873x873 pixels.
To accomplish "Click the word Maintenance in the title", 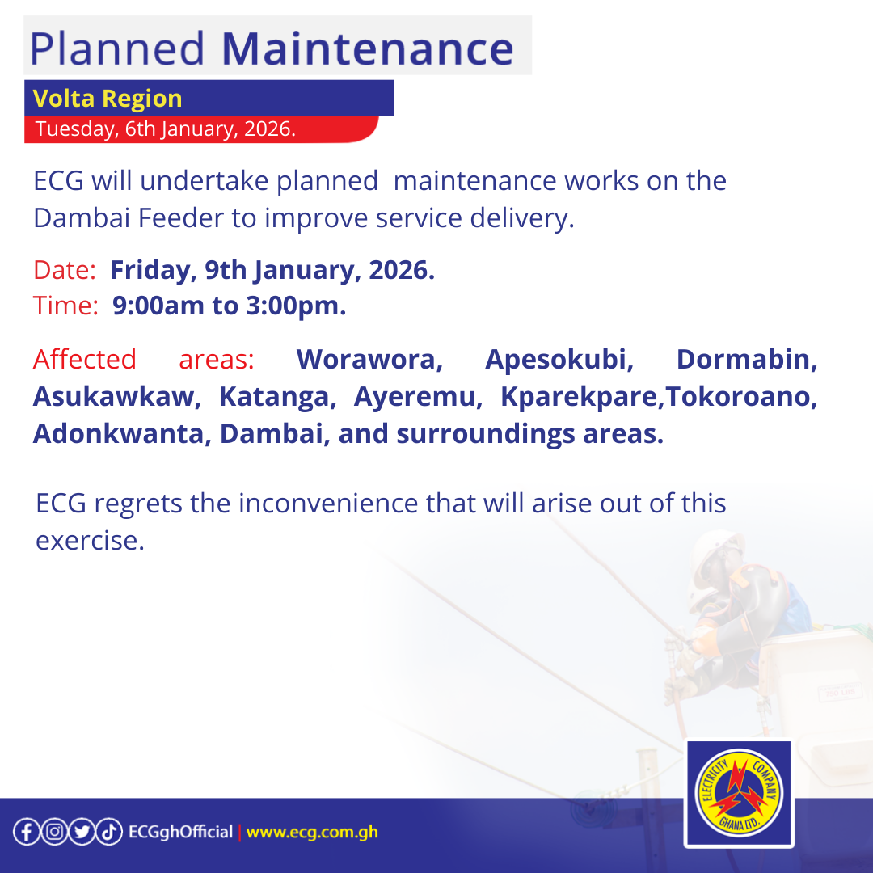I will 367,48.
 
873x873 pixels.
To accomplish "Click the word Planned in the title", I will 118,48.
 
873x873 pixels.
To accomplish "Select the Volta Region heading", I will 108,99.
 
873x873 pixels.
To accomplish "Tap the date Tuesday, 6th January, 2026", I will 165,129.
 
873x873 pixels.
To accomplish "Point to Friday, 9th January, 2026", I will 272,271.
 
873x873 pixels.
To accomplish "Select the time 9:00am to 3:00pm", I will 230,306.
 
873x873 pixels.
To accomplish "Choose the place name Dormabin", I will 747,359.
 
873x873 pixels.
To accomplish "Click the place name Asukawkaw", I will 116,397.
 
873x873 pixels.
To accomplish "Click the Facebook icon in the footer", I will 26,832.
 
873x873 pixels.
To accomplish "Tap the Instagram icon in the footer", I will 53,832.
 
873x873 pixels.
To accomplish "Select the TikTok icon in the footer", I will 110,832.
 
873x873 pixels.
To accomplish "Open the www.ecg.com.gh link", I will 312,832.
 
